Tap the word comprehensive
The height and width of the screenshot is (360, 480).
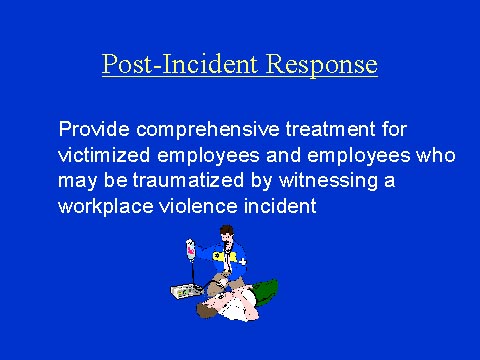(x=207, y=130)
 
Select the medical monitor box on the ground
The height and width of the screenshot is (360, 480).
(x=187, y=289)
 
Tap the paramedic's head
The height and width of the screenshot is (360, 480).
(x=227, y=239)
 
